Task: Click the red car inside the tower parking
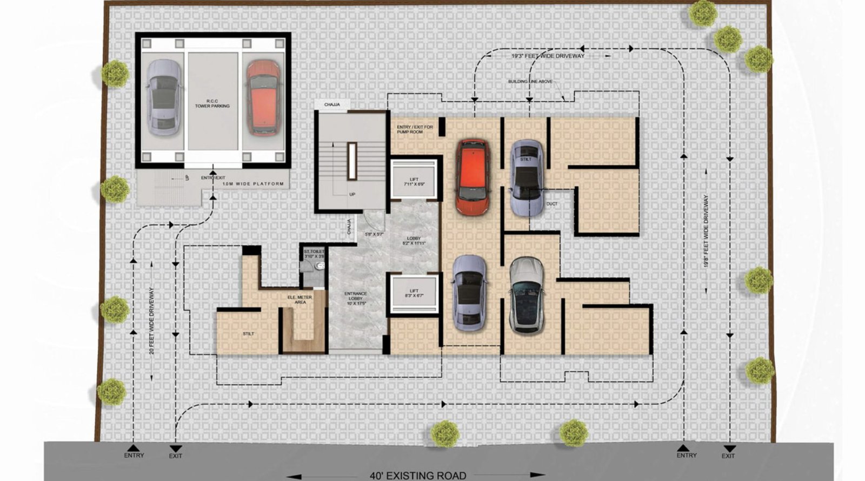263,98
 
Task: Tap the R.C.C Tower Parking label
212,103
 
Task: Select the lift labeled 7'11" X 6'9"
414,181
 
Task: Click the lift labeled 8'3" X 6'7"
414,293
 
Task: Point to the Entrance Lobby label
356,298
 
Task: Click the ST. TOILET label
314,253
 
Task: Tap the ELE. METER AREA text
300,299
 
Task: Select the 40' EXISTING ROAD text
417,476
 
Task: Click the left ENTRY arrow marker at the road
134,449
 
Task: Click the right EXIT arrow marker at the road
729,449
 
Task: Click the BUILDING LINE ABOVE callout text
530,82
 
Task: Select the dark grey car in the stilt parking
527,295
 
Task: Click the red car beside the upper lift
473,177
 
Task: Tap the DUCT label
551,204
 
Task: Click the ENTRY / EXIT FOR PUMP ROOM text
415,129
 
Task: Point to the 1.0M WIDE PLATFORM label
253,184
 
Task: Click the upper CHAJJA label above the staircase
332,104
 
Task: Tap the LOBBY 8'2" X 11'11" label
414,241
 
